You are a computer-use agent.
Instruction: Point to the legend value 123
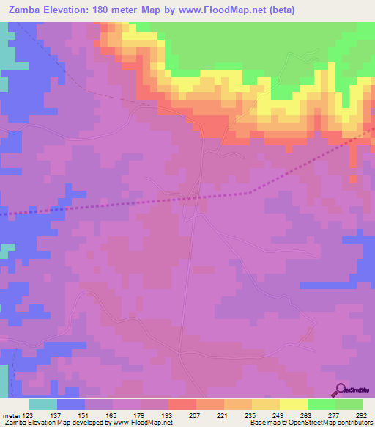tap(27, 415)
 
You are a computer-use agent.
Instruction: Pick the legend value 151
tap(82, 415)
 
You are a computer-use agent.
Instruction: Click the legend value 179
tap(138, 415)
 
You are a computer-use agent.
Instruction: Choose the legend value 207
tap(193, 415)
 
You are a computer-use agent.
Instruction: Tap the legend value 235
tap(249, 415)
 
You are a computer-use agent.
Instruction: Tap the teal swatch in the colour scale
tap(43, 404)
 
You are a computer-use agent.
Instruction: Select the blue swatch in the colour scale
tap(71, 404)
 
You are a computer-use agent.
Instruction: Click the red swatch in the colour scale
tap(182, 404)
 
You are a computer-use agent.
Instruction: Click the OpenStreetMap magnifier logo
tap(340, 389)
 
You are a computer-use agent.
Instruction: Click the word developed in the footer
tap(82, 423)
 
